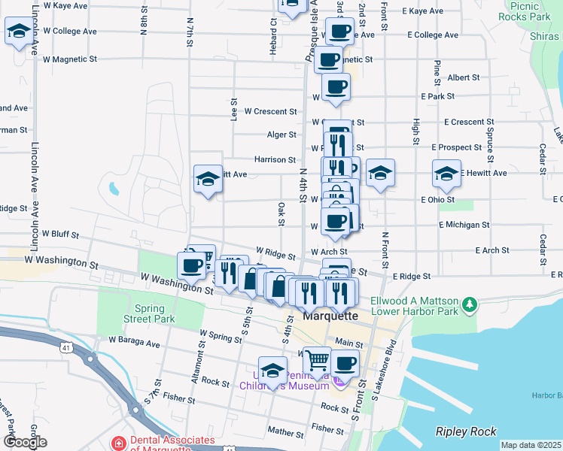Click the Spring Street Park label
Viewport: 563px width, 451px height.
pos(154,313)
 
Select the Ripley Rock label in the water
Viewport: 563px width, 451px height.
pos(466,431)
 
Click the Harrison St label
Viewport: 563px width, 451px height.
pos(275,159)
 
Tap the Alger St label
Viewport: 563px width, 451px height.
pos(281,135)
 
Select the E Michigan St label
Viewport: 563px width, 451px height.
pos(464,225)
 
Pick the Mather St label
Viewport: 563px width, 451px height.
pos(285,431)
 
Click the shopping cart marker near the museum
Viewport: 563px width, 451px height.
pos(317,361)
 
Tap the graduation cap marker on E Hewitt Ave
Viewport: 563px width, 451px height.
pos(446,174)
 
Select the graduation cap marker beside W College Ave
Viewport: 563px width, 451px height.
pos(18,32)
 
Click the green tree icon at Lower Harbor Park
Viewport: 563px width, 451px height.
pos(470,304)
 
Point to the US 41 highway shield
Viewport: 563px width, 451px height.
pos(67,347)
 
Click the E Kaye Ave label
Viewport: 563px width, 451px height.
pos(423,11)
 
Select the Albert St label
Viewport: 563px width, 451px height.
pos(463,77)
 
